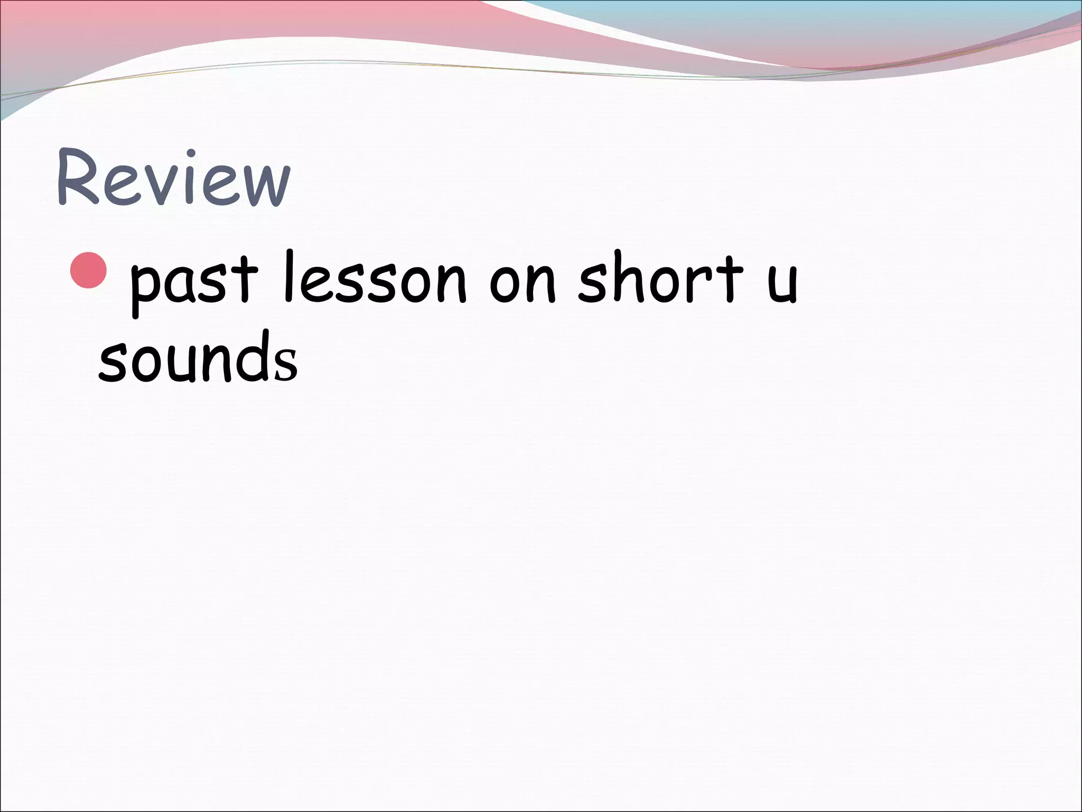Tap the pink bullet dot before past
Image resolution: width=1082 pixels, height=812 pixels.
click(x=89, y=270)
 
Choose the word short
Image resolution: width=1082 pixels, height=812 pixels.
click(x=661, y=278)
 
